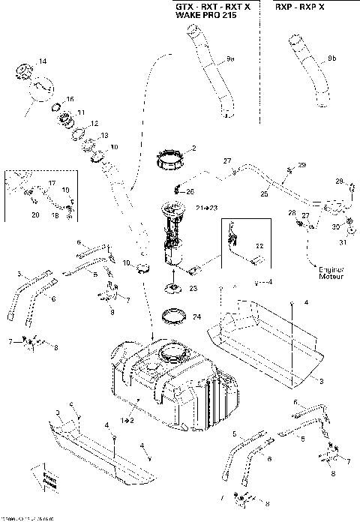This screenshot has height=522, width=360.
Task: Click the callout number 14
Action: pos(42,61)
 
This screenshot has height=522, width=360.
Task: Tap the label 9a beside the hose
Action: pos(231,58)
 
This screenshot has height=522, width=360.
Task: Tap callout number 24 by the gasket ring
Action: pos(197,317)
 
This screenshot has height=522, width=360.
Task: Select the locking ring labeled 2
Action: pos(171,160)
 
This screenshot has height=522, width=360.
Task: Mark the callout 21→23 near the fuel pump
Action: pos(207,208)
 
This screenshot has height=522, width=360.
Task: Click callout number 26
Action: pos(190,190)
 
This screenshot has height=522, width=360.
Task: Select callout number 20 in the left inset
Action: pos(35,215)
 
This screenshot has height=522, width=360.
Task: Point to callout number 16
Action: pos(70,99)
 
